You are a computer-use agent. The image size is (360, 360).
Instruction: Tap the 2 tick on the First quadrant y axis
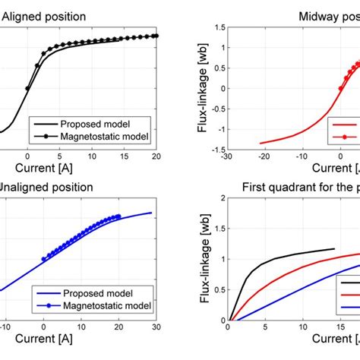click(x=219, y=198)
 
